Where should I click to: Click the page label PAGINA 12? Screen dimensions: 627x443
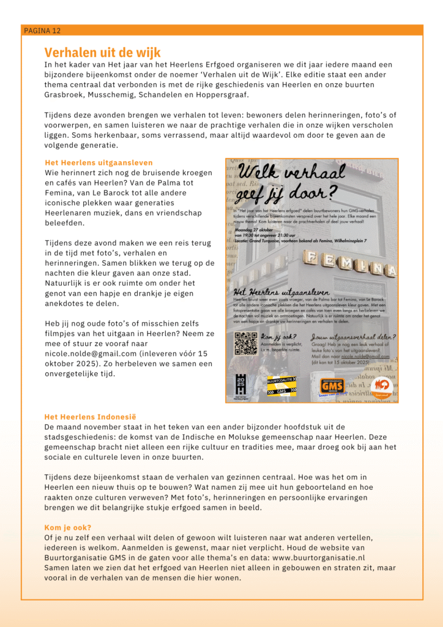coord(42,30)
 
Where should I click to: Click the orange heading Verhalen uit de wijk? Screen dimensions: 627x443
coord(102,53)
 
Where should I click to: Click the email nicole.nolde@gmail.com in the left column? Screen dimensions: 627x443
coord(92,353)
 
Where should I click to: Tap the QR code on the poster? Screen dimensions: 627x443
coord(246,344)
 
